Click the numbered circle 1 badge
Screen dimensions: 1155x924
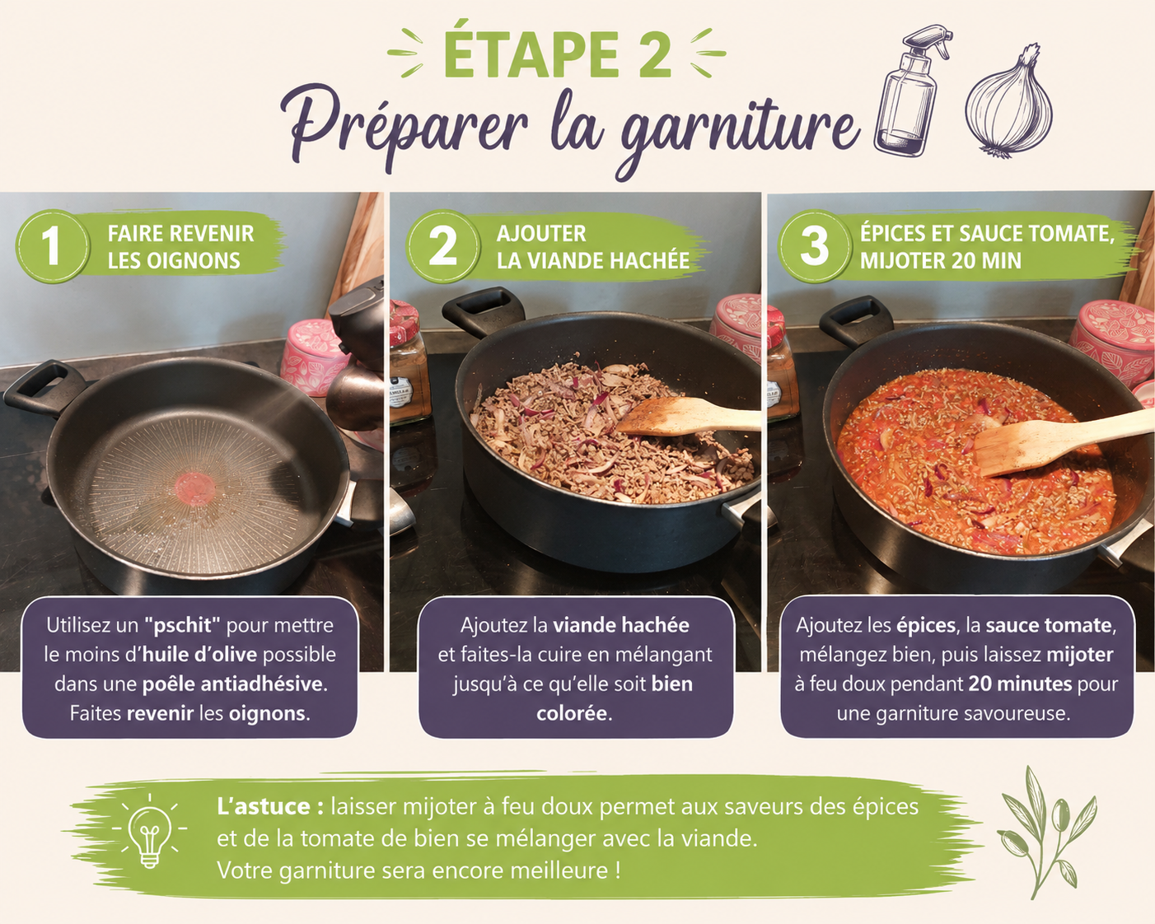point(52,246)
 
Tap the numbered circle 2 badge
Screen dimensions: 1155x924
point(442,246)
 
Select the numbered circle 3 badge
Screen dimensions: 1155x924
point(815,246)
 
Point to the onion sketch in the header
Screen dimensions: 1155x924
point(1009,102)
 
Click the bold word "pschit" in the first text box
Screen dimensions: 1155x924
point(183,625)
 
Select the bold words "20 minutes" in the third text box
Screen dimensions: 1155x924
point(1020,684)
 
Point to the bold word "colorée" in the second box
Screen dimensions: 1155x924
point(573,714)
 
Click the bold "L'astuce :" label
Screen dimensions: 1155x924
point(270,806)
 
